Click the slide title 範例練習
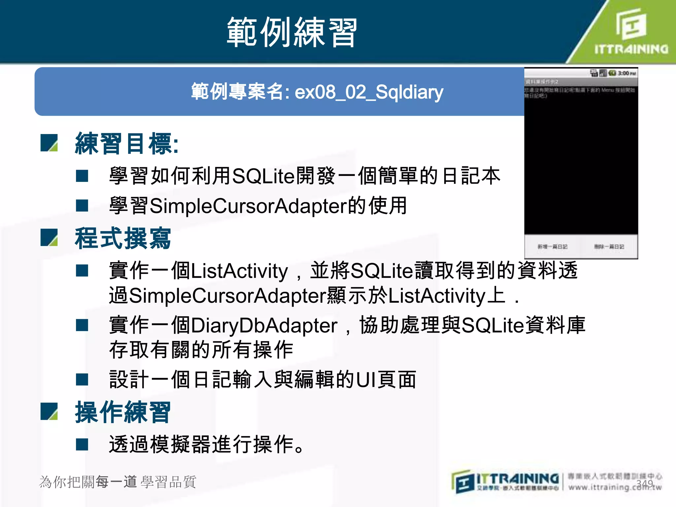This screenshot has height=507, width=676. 292,32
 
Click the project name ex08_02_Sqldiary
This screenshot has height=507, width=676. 369,92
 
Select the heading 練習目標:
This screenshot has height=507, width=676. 127,144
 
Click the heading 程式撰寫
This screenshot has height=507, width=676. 123,238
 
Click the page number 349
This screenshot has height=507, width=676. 645,484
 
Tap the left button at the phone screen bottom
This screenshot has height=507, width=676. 552,247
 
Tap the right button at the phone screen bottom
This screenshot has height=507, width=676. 609,247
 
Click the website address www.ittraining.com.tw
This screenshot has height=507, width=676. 615,487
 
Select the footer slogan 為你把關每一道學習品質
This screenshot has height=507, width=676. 118,482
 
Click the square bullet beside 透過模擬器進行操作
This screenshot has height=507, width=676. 82,444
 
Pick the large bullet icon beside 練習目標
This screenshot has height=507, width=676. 49,143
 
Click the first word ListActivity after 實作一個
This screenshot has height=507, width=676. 239,271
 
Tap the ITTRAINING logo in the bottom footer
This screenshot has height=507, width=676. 505,482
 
